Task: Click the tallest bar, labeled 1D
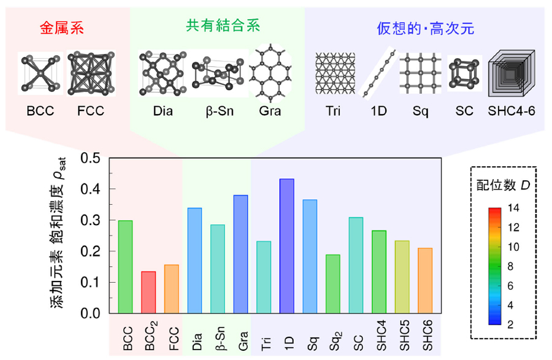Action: (286, 246)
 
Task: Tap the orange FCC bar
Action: (171, 289)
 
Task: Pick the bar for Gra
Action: (240, 254)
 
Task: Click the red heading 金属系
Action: (61, 28)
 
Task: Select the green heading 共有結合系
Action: (223, 26)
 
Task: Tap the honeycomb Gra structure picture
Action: (270, 72)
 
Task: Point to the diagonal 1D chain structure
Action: (377, 74)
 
